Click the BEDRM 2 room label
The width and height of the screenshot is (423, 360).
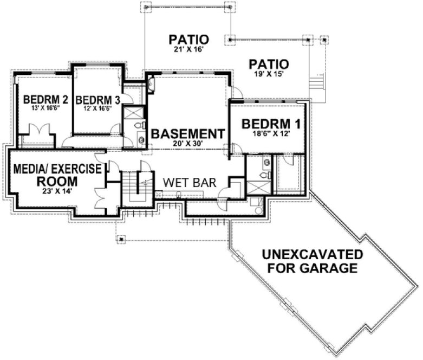[x=37, y=100]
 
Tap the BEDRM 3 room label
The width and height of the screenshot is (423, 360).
[x=97, y=100]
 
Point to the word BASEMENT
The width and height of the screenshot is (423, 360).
[x=187, y=134]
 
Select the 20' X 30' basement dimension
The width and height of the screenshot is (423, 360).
[x=187, y=144]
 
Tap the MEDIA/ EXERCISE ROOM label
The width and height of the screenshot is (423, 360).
[x=57, y=175]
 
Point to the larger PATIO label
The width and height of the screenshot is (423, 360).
[x=188, y=40]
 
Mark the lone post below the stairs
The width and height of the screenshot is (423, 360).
[x=121, y=237]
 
